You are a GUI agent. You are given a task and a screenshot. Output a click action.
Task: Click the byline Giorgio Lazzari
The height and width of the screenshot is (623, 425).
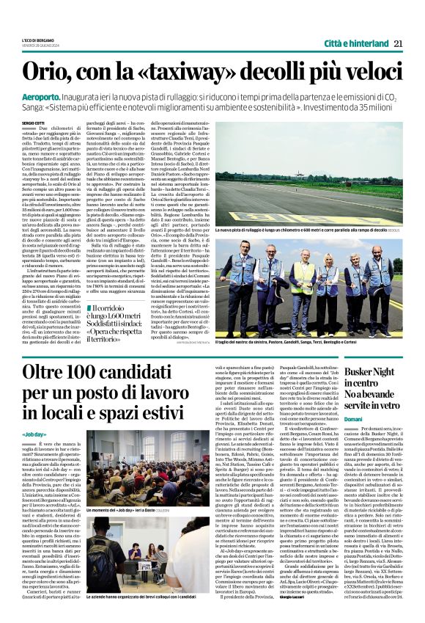coord(299,618)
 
